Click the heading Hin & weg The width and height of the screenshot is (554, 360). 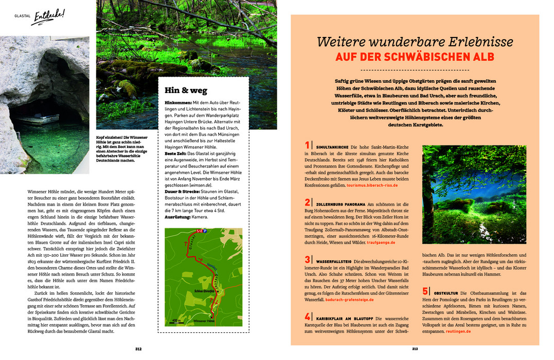186,91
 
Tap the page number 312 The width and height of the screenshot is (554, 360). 138,348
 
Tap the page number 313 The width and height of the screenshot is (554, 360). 415,348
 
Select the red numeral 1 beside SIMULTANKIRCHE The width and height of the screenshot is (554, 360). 307,145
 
